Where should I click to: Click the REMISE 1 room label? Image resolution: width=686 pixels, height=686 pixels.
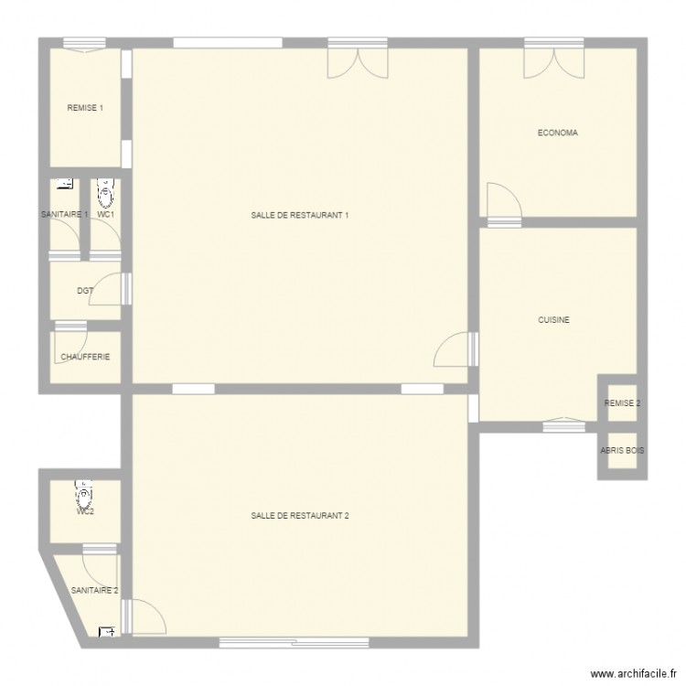pyautogui.click(x=85, y=108)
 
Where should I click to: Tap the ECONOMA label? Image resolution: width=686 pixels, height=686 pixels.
pyautogui.click(x=557, y=133)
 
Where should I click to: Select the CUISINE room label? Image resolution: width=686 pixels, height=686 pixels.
pyautogui.click(x=554, y=320)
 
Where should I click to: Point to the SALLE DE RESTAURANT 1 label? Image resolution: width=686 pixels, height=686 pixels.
pyautogui.click(x=300, y=216)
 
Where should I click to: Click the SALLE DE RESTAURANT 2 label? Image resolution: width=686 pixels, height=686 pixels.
pyautogui.click(x=300, y=516)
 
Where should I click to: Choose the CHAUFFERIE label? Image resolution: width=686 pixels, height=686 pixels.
pyautogui.click(x=85, y=357)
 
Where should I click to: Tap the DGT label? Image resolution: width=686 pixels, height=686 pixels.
pyautogui.click(x=85, y=291)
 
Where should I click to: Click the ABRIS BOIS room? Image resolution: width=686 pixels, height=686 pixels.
pyautogui.click(x=622, y=451)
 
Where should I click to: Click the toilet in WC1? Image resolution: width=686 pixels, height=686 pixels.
pyautogui.click(x=106, y=193)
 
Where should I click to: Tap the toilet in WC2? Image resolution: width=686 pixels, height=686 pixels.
pyautogui.click(x=85, y=495)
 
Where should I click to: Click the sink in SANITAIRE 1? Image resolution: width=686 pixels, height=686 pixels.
pyautogui.click(x=64, y=184)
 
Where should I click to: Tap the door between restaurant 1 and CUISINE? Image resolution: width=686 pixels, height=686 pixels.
pyautogui.click(x=455, y=349)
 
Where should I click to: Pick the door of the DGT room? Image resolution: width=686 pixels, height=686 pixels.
pyautogui.click(x=113, y=288)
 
